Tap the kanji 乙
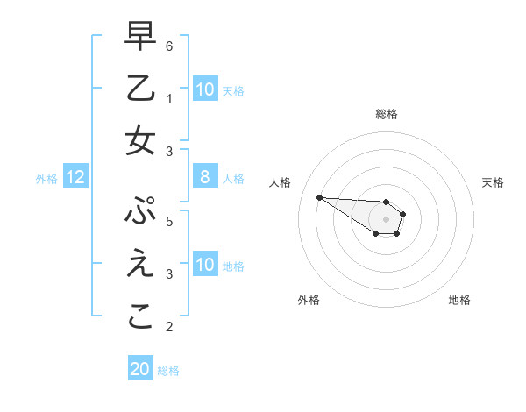tap(140, 89)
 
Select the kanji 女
tap(140, 141)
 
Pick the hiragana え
tap(140, 265)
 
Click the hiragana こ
tap(140, 316)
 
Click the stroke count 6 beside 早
tap(169, 45)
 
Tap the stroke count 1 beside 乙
tap(169, 97)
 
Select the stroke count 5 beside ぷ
tap(169, 221)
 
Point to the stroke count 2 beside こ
tap(169, 327)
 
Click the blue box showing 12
tap(75, 178)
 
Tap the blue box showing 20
tap(140, 370)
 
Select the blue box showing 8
tap(205, 178)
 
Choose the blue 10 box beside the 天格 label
tap(205, 89)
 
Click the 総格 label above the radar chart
tap(387, 114)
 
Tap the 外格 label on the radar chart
tap(309, 300)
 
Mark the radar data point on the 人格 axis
tap(319, 197)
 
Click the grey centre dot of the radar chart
tap(387, 219)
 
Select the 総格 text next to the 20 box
tap(168, 371)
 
